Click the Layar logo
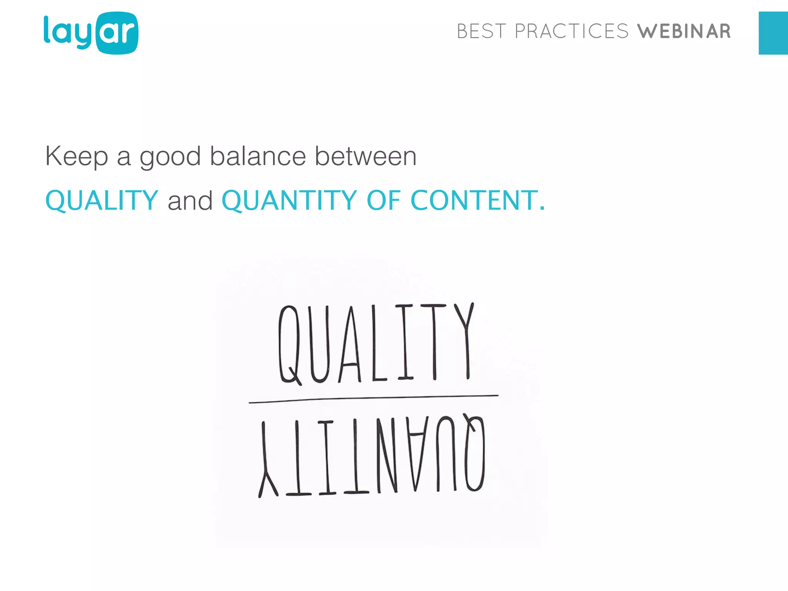[x=91, y=33]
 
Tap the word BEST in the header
[x=481, y=32]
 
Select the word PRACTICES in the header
[x=571, y=32]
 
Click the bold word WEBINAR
[x=684, y=32]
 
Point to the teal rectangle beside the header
[x=773, y=33]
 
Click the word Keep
[x=77, y=157]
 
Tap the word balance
[x=258, y=156]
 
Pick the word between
[x=366, y=156]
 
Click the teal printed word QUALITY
[x=102, y=200]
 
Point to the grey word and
[x=190, y=200]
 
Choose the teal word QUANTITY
[x=289, y=200]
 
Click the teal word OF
[x=384, y=200]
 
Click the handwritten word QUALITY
[x=376, y=343]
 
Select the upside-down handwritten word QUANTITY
[x=372, y=456]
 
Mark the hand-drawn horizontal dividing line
[x=373, y=399]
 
